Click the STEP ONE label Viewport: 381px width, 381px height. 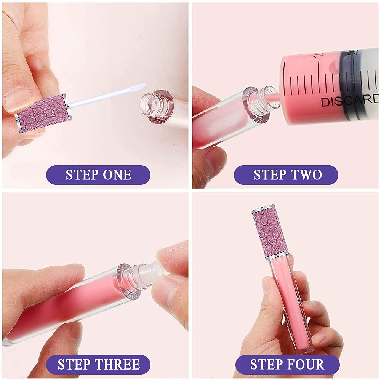(x=98, y=175)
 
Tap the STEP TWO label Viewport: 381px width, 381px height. (x=286, y=175)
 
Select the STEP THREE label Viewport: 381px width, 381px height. (x=98, y=364)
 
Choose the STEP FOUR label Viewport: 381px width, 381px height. (x=286, y=364)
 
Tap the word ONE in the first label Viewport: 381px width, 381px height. (x=117, y=175)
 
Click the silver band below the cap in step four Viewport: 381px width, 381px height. (x=277, y=257)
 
